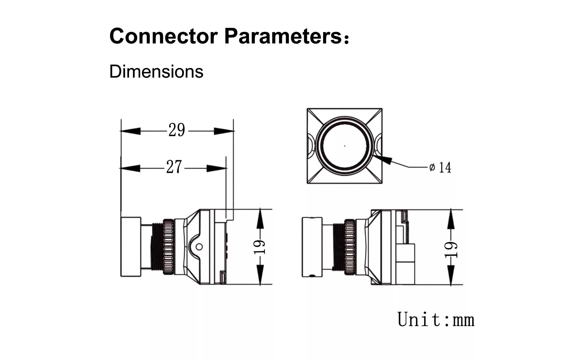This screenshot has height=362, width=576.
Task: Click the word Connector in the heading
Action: coord(163,36)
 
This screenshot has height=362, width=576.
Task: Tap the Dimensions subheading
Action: coord(156,72)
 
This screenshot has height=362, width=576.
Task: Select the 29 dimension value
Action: coord(177,130)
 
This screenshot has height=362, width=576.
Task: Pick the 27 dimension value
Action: coord(174,167)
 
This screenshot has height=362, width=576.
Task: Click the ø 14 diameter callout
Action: coord(440,168)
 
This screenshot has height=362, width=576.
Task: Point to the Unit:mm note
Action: coord(436,319)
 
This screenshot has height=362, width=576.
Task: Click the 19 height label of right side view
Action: coord(451,250)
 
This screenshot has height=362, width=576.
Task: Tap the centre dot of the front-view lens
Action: coord(345,146)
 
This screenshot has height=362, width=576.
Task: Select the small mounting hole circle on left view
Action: coord(199,247)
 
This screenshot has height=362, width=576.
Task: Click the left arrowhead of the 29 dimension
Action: coord(130,131)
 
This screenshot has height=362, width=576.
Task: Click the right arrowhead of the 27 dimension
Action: coord(217,168)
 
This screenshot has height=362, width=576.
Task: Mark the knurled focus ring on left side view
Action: coord(169,247)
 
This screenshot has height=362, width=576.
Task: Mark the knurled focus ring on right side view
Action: coord(349,247)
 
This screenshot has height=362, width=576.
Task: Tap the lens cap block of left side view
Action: coord(131,247)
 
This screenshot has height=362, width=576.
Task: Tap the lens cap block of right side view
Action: coord(312,247)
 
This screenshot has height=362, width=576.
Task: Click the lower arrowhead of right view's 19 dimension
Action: coord(451,276)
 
